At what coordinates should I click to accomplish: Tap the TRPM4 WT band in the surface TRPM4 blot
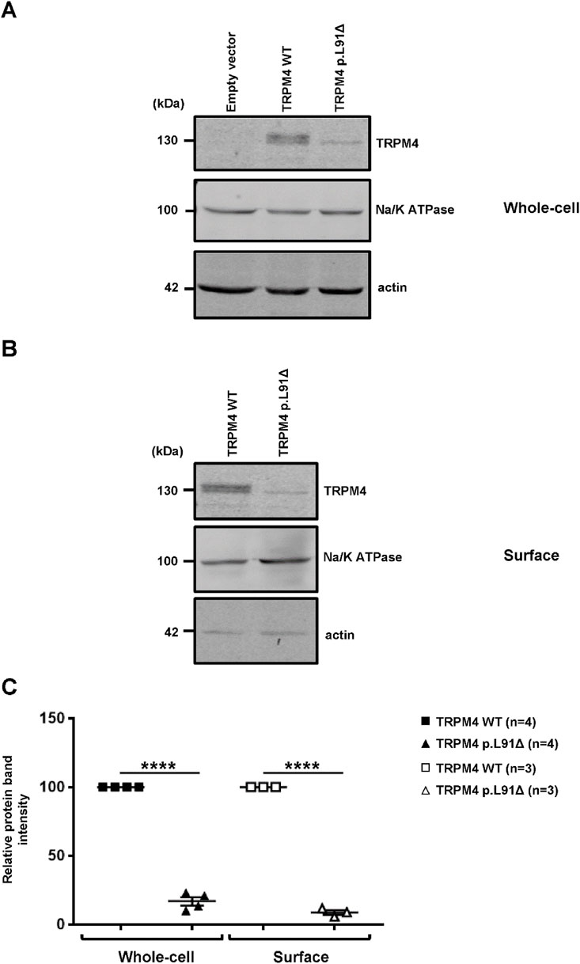point(225,489)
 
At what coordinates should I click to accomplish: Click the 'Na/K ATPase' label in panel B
point(362,557)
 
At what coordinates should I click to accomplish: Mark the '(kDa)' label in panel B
point(166,453)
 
